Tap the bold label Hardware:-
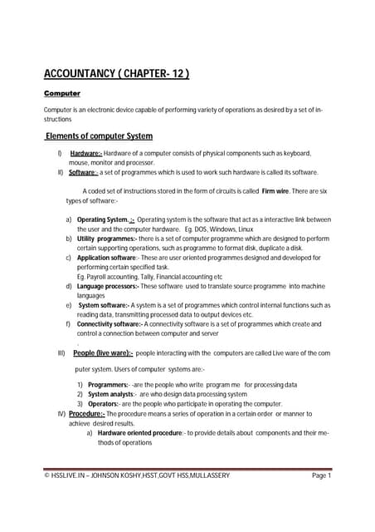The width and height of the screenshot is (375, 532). coord(86,154)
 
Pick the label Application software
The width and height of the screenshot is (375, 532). coord(114,258)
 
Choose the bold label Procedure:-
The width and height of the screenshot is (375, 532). coord(86,413)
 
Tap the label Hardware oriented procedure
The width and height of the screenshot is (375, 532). coord(139,432)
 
